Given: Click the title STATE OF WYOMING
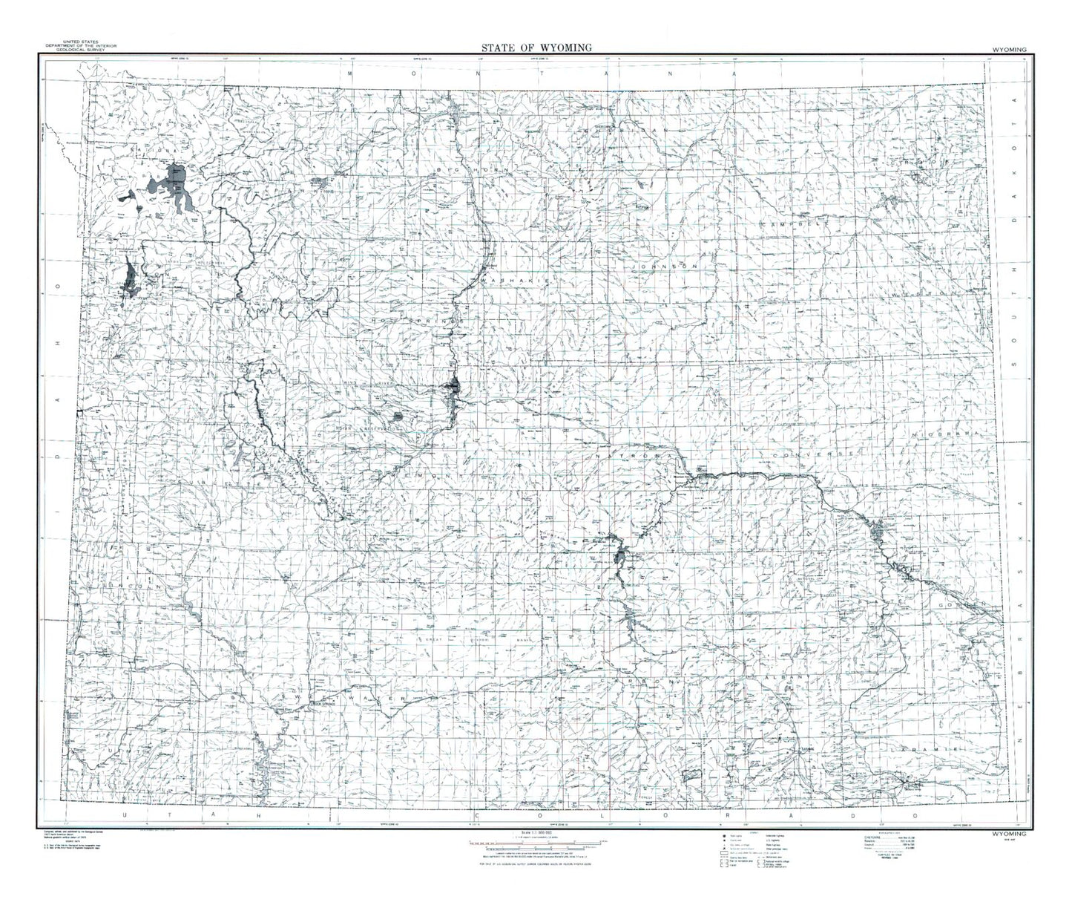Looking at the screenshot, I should [x=536, y=48].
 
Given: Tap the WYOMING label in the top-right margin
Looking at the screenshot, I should [x=1007, y=49].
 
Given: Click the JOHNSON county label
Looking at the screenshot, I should [x=665, y=265].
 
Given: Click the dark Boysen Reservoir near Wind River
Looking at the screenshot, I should [x=453, y=388].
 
